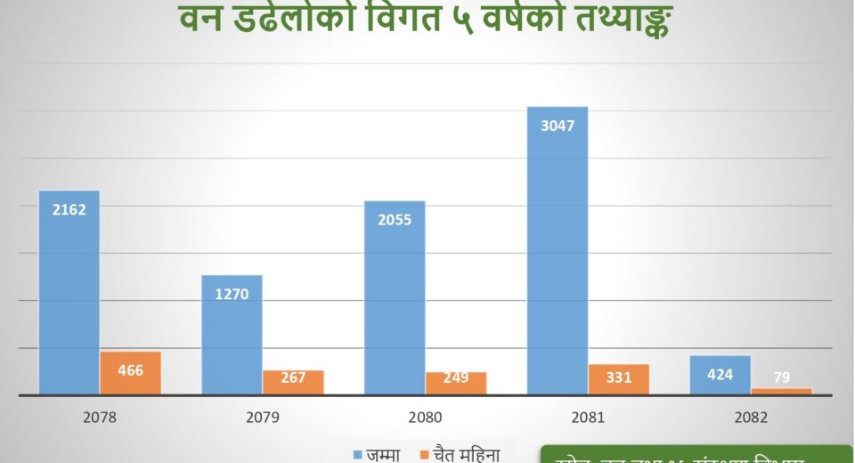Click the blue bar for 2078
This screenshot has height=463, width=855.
[x=69, y=294]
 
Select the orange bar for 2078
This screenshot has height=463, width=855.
[x=130, y=374]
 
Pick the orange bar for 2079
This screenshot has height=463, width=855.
[x=293, y=383]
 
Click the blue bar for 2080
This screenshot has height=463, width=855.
[x=395, y=298]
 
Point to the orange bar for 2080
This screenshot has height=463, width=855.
[x=456, y=384]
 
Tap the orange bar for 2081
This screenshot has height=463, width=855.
[x=618, y=380]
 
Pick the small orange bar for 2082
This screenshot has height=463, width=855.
[x=781, y=391]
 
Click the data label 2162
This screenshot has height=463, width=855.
[x=69, y=210]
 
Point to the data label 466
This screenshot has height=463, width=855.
[x=130, y=370]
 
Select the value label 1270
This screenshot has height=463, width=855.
[x=232, y=294]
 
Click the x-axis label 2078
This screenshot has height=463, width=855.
[x=99, y=417]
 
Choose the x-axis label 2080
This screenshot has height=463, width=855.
[x=425, y=417]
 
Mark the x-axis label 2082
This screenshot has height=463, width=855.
[x=750, y=417]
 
